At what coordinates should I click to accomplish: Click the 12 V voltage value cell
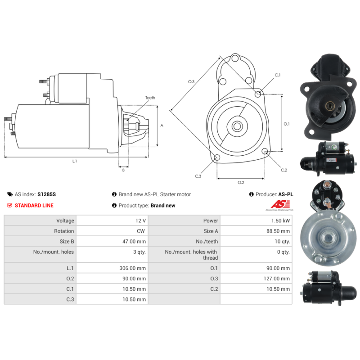point(140,220)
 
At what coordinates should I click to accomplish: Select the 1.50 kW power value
point(280,220)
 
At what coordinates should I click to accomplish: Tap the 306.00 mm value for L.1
point(132,268)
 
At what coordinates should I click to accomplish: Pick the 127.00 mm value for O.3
point(277,279)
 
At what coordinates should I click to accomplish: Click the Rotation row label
point(64,231)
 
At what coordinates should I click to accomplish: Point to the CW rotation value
point(141,231)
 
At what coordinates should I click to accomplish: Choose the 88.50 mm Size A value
point(278,231)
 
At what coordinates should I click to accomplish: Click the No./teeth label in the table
point(207,242)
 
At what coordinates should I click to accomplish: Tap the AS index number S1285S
point(47,194)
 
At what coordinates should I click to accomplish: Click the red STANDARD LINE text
point(34,206)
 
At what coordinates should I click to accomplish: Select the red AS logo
point(280,204)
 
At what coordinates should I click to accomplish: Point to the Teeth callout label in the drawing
point(150,98)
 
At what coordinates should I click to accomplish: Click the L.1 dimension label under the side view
point(75,161)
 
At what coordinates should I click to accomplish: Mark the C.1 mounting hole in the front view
point(258,94)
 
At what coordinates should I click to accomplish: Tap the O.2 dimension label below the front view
point(241,183)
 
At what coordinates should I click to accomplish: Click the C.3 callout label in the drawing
point(198,176)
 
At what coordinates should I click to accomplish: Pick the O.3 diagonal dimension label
point(191,81)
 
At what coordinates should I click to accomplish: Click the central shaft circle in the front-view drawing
point(237,126)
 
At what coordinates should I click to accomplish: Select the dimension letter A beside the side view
point(162,126)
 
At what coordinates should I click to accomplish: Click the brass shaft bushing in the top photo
point(329,106)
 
